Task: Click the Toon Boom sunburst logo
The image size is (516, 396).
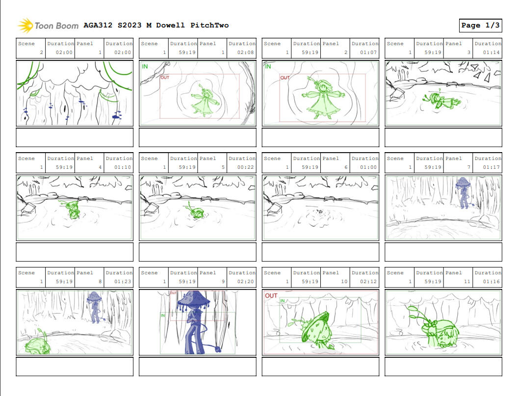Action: (x=25, y=26)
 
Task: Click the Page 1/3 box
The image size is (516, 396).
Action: (x=481, y=26)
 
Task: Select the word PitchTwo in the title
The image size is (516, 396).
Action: (x=209, y=26)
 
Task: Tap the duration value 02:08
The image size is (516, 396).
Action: (x=246, y=53)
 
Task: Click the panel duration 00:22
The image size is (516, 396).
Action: (x=246, y=167)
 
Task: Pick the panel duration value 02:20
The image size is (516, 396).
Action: (x=246, y=282)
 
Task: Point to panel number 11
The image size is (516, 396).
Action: (x=466, y=282)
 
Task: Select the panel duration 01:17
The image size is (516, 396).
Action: (x=491, y=167)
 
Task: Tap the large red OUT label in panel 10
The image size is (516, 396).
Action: (x=271, y=295)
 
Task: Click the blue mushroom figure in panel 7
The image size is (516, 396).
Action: (x=463, y=192)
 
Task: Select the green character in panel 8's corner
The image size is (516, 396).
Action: (x=37, y=343)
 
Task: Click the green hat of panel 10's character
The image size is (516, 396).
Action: (x=315, y=326)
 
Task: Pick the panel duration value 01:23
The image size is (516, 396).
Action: (x=123, y=282)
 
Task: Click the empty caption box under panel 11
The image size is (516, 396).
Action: (x=443, y=367)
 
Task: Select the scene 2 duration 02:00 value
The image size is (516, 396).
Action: (x=64, y=53)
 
